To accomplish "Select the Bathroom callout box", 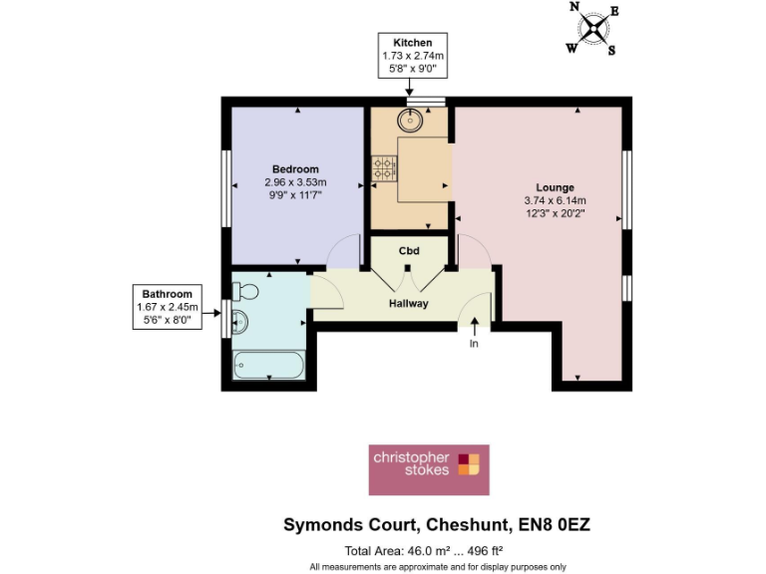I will click(167, 307).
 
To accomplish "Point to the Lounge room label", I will click(555, 187).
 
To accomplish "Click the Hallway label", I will click(408, 303).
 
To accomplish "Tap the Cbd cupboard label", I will click(409, 250).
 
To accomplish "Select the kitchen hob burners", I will click(383, 169).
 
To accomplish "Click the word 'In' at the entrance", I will click(475, 344).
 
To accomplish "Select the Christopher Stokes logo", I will click(428, 469).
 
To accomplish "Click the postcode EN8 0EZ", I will click(557, 524).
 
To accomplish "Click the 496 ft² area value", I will click(481, 550).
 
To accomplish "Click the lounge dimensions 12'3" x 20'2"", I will click(555, 212).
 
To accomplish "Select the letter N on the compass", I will click(574, 7).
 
